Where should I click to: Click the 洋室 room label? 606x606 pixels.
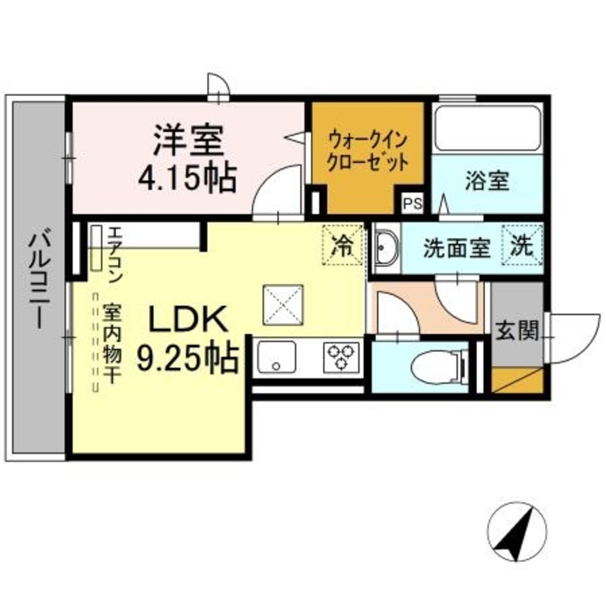(x=188, y=141)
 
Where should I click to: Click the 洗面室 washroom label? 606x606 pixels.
(x=456, y=248)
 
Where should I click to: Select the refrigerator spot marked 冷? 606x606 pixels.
(x=344, y=245)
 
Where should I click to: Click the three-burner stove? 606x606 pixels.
(x=341, y=356)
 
